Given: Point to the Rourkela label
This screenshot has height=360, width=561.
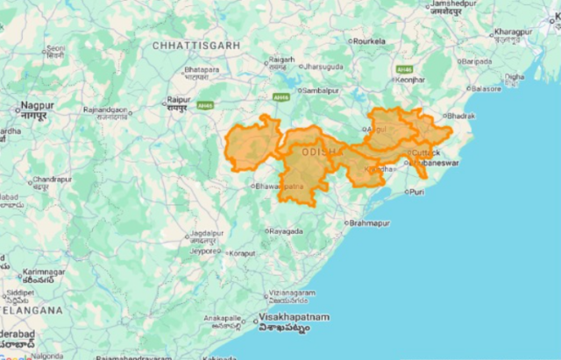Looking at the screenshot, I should (x=370, y=40).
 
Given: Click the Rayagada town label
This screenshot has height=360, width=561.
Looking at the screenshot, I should (x=286, y=231).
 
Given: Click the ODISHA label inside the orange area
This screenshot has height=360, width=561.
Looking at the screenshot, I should (x=319, y=152).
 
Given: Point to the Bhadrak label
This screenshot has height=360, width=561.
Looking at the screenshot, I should (x=459, y=116).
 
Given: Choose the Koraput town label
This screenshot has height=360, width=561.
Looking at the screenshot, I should (x=241, y=253).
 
